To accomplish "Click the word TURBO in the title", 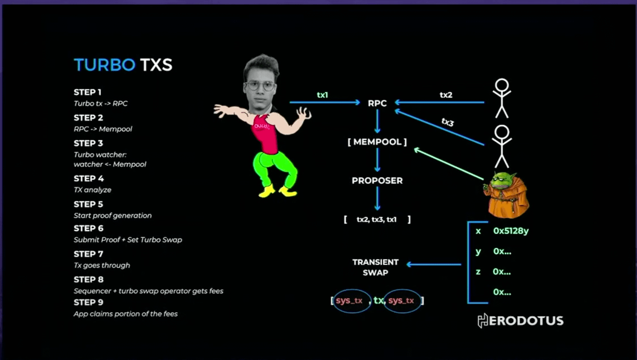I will click(105, 65).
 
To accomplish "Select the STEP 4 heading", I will click(88, 178).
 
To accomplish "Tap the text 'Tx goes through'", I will click(102, 265).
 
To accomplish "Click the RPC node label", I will click(377, 103).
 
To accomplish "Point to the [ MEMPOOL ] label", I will click(377, 142).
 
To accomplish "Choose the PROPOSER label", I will click(377, 181).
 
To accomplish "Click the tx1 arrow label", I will click(322, 95).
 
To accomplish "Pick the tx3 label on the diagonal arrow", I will click(448, 122).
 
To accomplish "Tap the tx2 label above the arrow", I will click(446, 95).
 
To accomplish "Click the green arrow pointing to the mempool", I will click(449, 164).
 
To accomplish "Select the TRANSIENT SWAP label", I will click(375, 267).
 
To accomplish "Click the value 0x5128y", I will click(511, 231).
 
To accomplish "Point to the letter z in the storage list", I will click(478, 271).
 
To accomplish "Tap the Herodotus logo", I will click(520, 320).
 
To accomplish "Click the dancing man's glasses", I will click(260, 85).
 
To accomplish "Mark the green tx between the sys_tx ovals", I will click(378, 301).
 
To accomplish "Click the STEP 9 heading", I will click(88, 303).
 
